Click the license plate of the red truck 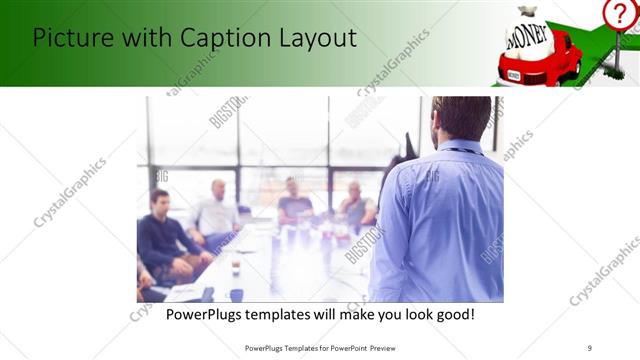tap(514, 74)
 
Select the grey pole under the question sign tap(617, 50)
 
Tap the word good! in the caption tap(452, 314)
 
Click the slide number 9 tap(589, 347)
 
